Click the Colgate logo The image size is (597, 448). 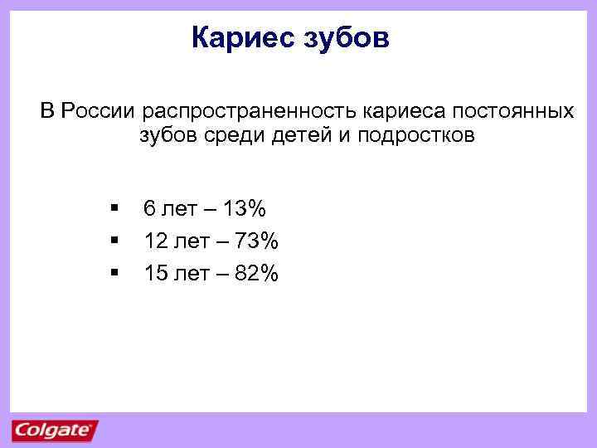54,431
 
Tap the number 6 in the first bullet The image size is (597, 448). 149,207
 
